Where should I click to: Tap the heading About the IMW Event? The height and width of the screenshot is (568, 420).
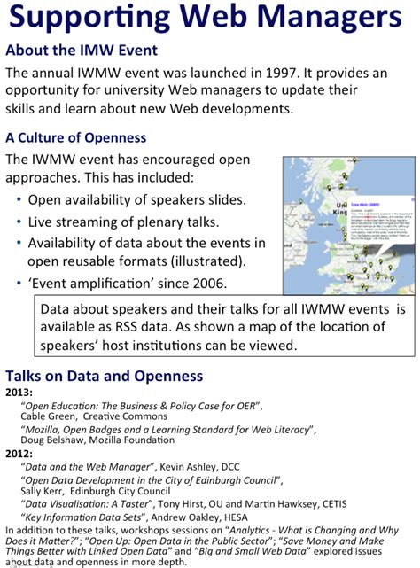(x=82, y=51)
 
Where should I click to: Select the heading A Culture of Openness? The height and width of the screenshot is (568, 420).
(x=76, y=137)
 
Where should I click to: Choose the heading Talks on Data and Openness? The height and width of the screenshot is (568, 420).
(x=105, y=376)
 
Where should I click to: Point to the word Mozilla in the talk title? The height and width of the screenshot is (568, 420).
(x=47, y=429)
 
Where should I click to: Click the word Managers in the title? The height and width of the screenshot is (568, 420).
(x=328, y=19)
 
